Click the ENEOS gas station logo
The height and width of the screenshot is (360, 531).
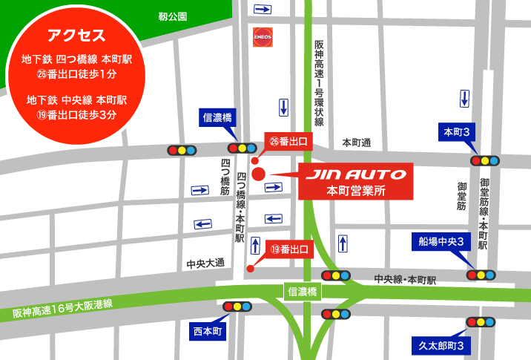tap(262, 36)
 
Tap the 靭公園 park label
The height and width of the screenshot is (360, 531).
tap(173, 16)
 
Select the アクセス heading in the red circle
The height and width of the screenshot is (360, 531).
tap(76, 35)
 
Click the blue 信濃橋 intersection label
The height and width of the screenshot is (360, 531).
tap(218, 117)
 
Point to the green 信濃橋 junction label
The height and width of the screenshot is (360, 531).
tap(302, 291)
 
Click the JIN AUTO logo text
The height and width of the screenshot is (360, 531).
tap(356, 174)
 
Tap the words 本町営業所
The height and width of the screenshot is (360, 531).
tap(356, 190)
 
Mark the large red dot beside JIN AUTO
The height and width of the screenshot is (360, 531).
tap(258, 174)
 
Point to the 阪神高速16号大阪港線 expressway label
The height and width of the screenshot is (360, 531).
tap(62, 309)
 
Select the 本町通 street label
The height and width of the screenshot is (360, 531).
tap(356, 141)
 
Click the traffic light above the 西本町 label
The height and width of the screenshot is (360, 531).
tap(237, 306)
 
